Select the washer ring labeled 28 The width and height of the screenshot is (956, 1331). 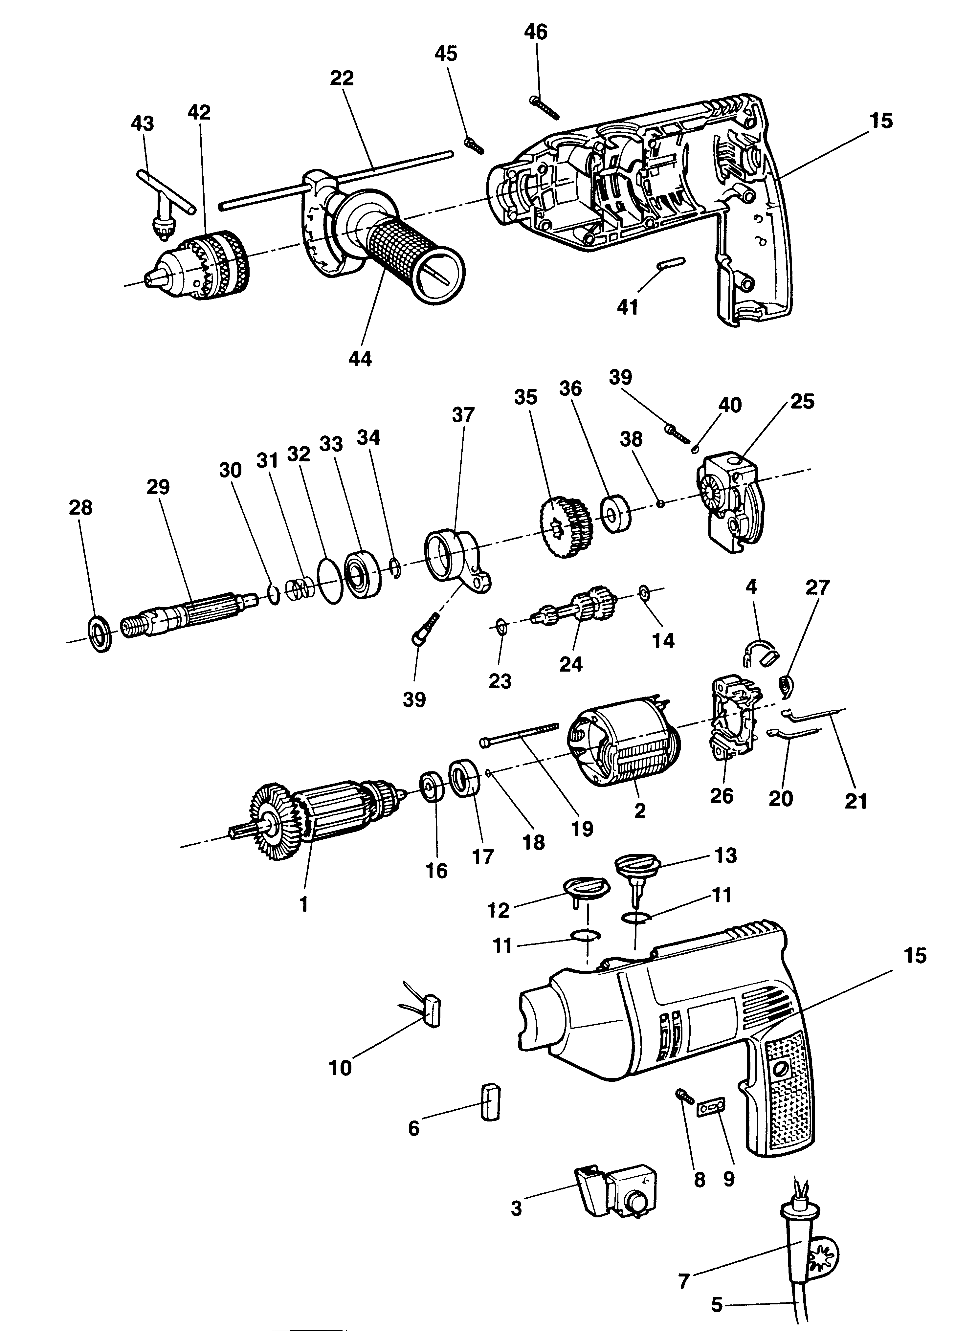point(100,635)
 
